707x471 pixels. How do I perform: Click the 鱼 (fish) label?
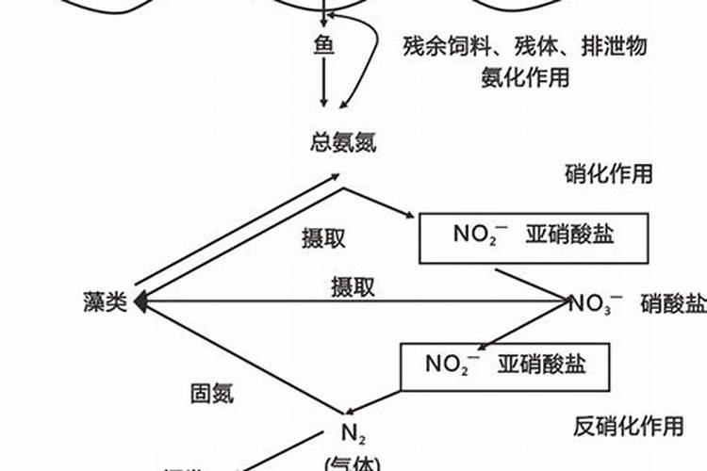[x=324, y=44]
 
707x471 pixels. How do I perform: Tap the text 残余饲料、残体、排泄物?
[x=524, y=46]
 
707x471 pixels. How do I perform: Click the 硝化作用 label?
[x=608, y=173]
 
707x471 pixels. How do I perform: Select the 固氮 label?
[x=212, y=394]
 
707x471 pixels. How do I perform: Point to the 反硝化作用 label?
[x=629, y=427]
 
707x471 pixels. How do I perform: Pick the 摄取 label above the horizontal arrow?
[x=353, y=286]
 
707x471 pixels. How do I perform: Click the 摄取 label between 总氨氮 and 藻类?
[x=322, y=238]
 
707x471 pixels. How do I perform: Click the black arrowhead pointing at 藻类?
[x=140, y=301]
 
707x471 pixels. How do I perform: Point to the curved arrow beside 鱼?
[x=371, y=57]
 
